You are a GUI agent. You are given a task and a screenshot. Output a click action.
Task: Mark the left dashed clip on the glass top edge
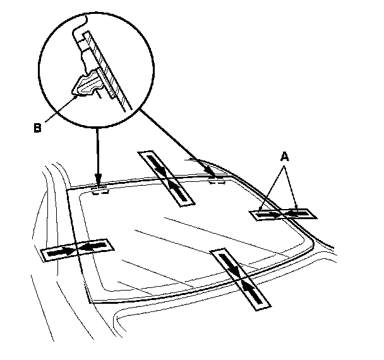click(x=99, y=191)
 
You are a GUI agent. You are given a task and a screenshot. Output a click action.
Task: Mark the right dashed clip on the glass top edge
click(x=217, y=181)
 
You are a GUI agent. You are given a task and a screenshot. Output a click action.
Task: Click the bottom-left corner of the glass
click(x=93, y=302)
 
